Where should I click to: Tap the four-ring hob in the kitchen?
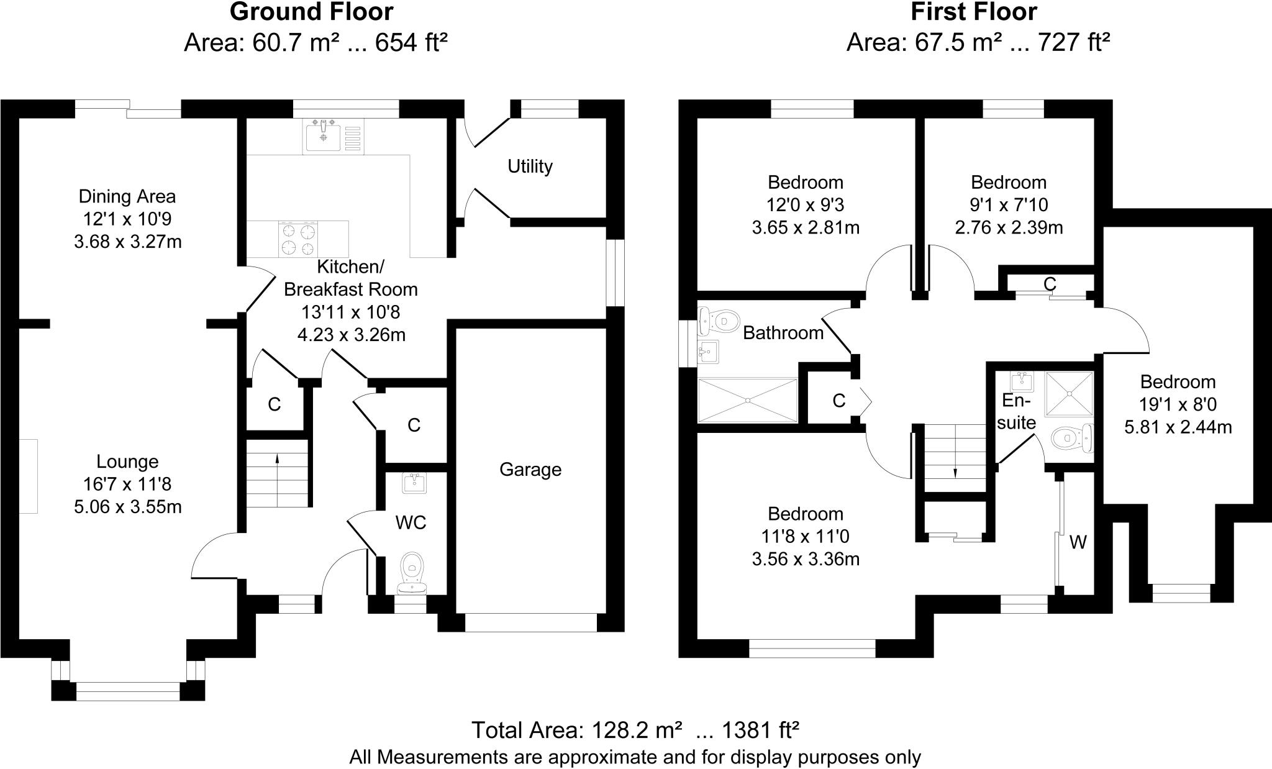click(299, 239)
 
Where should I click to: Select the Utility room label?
click(530, 166)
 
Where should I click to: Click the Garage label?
click(530, 470)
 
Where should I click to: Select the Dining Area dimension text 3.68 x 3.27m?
click(128, 242)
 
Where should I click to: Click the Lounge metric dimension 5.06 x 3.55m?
click(128, 507)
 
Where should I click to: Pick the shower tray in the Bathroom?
click(748, 400)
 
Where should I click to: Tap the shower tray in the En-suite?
click(1069, 394)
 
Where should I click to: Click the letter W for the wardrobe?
click(1078, 543)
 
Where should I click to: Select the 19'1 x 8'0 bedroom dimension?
click(1178, 405)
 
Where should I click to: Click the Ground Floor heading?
click(311, 12)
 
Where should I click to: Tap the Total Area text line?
click(635, 730)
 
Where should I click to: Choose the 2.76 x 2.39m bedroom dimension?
click(1009, 228)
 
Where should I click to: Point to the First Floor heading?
click(974, 12)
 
